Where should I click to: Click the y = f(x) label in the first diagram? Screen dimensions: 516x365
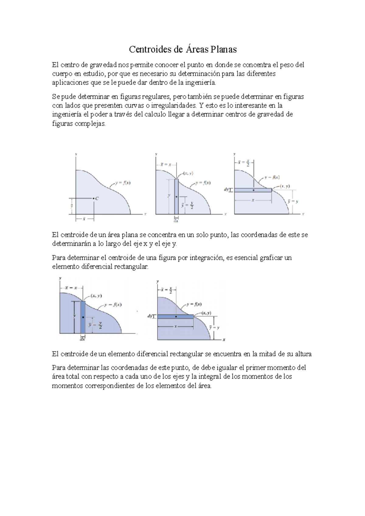pyautogui.click(x=123, y=183)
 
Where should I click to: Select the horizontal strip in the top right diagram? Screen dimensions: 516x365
pyautogui.click(x=253, y=190)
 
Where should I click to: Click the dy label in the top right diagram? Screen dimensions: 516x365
pyautogui.click(x=227, y=190)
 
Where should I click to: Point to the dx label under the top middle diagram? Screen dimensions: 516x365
pyautogui.click(x=176, y=221)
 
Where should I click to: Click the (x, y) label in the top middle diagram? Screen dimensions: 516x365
pyautogui.click(x=188, y=174)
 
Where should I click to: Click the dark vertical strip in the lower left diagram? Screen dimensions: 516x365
pyautogui.click(x=83, y=317)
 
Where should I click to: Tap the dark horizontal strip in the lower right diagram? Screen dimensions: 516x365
pyautogui.click(x=176, y=316)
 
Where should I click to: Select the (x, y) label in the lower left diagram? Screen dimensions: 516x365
pyautogui.click(x=96, y=295)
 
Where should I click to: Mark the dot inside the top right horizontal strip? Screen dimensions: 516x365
pyautogui.click(x=253, y=190)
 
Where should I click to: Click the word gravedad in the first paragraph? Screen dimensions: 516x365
pyautogui.click(x=103, y=65)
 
